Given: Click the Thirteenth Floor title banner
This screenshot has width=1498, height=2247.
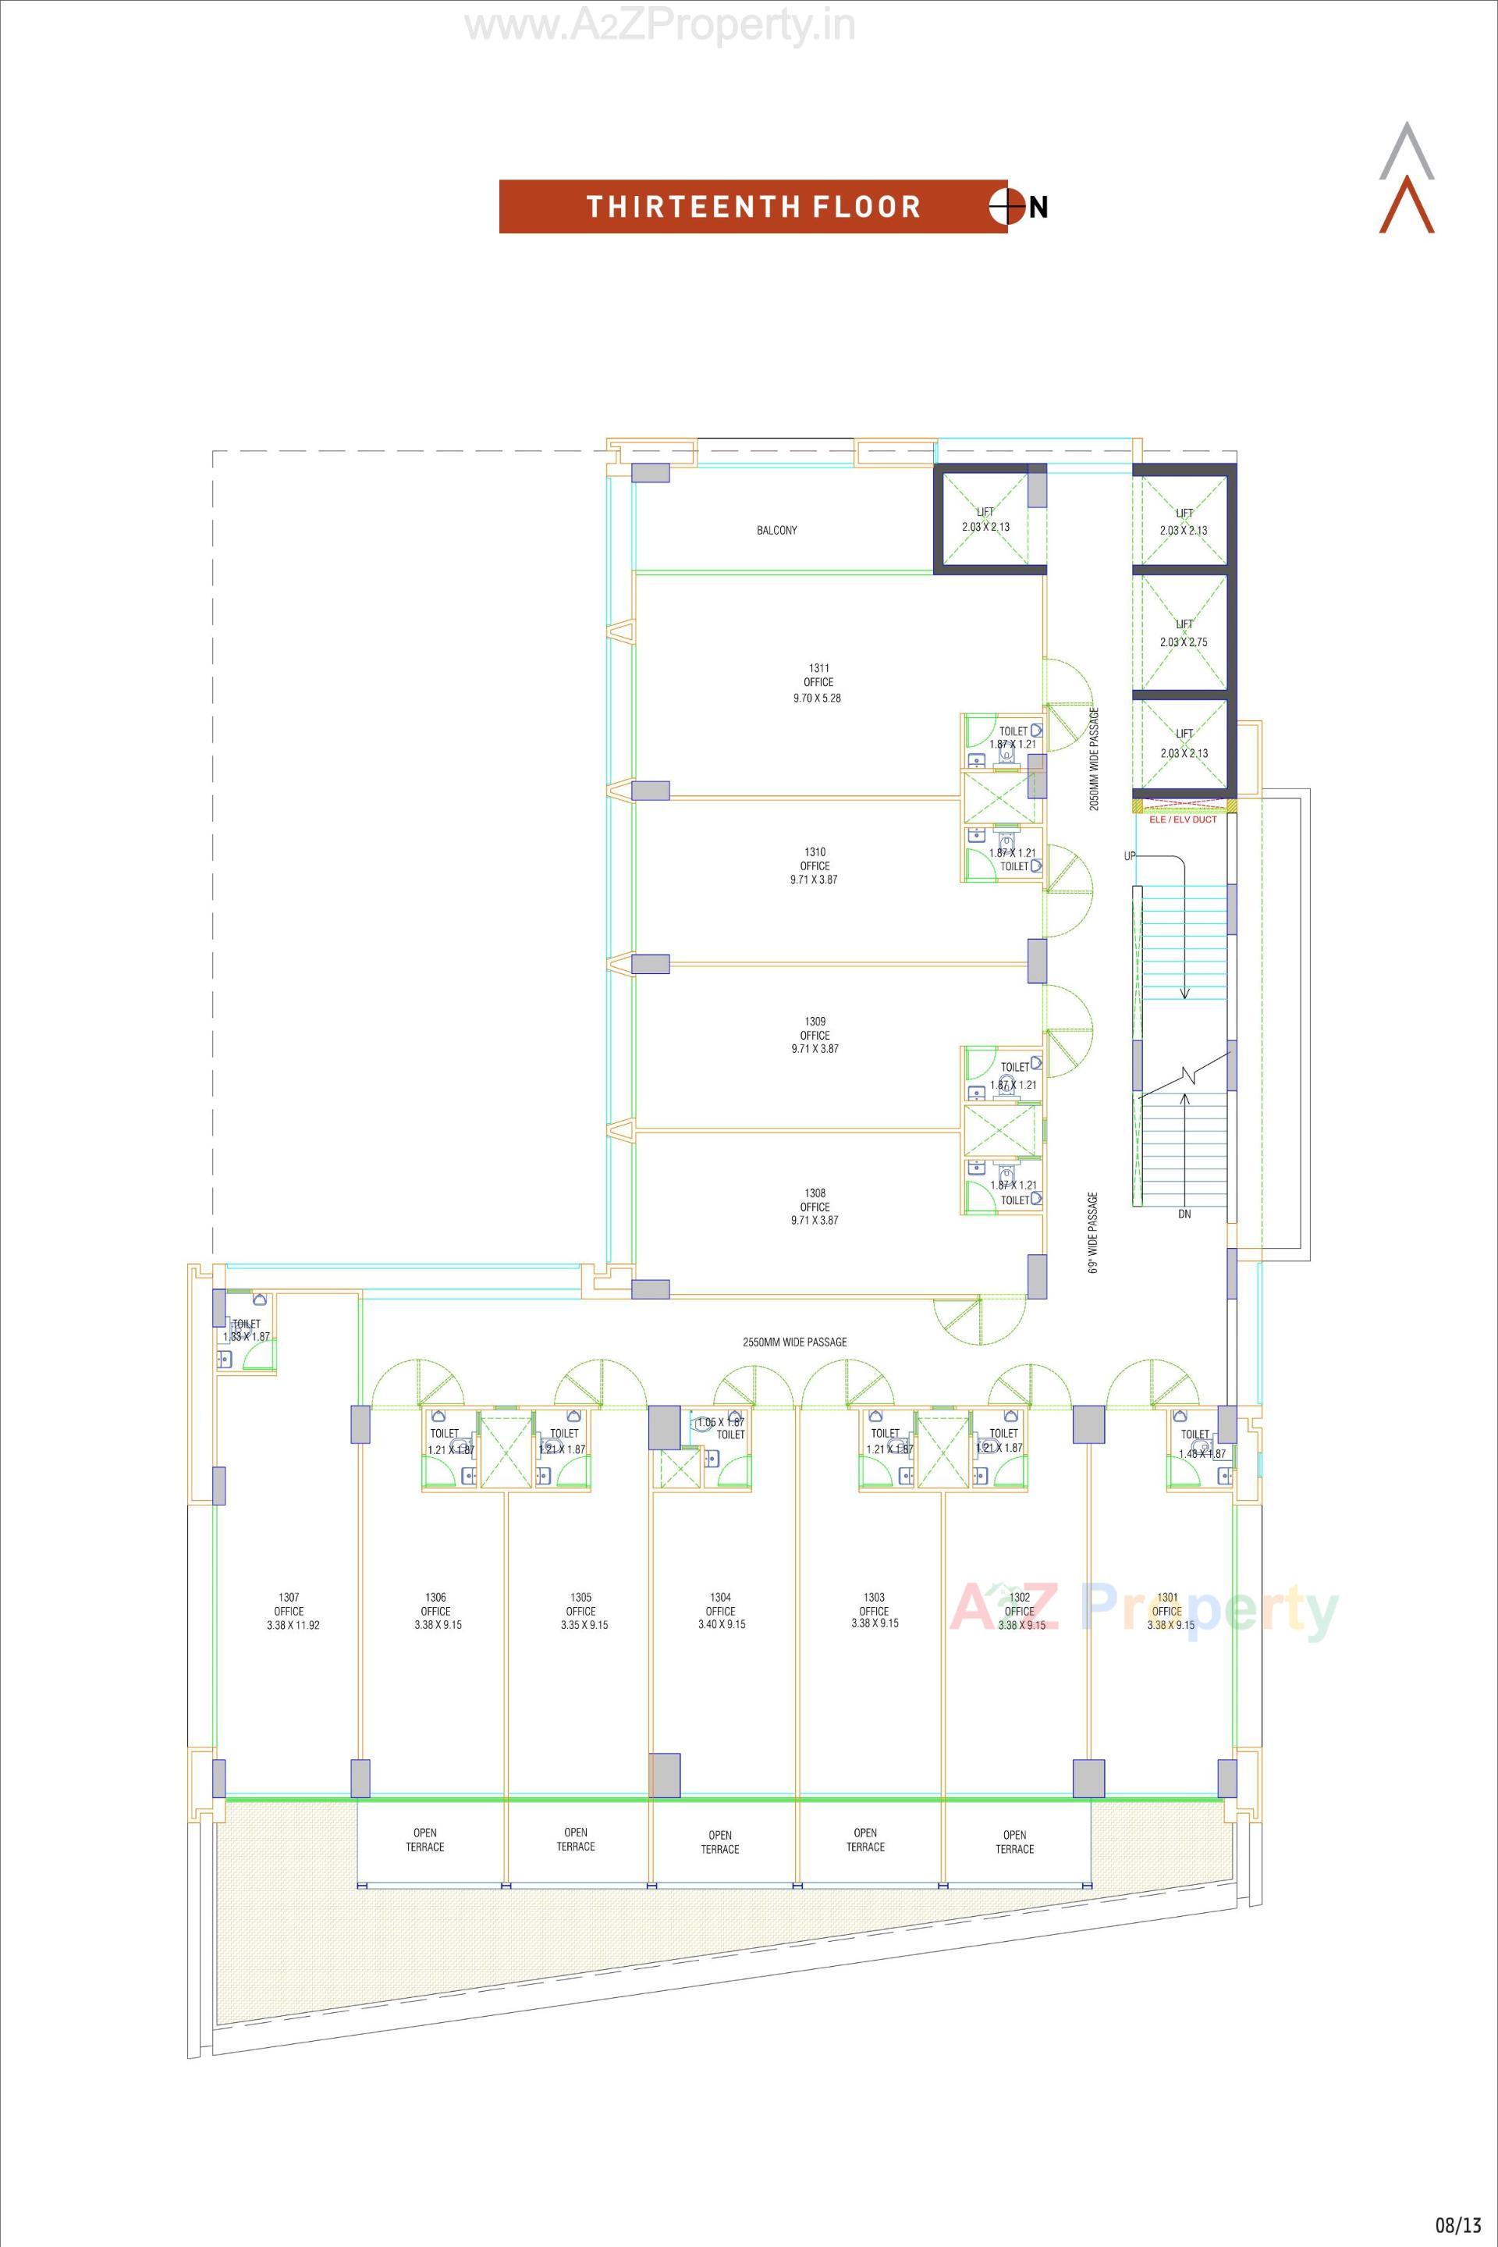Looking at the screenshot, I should pos(753,207).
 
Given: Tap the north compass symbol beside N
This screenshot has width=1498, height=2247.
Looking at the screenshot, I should pos(1007,207).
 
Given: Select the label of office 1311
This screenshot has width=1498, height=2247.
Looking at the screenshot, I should pos(818,682).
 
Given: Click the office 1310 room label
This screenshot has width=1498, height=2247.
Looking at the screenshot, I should pos(814,866).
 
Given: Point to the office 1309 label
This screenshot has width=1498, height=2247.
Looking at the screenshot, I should pos(815,1035).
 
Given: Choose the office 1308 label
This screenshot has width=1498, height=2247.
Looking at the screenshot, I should pos(814,1206).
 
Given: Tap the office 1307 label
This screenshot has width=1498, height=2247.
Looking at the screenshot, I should pos(289,1610).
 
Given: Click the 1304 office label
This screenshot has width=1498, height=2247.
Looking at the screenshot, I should pos(720,1610).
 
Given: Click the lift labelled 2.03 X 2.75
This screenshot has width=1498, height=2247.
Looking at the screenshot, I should pos(1184,633).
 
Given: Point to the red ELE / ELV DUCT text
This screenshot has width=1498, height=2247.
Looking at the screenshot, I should pos(1183,819).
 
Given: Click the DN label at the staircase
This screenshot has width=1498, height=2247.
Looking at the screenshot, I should pos(1184,1214).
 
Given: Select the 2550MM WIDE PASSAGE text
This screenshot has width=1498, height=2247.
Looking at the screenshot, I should pos(795,1342).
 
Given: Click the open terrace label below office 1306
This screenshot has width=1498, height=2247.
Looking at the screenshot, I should pos(425,1840).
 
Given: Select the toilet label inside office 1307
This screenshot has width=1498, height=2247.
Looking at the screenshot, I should pos(247,1329).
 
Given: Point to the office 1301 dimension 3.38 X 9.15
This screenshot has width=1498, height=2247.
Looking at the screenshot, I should pos(1170,1624).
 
